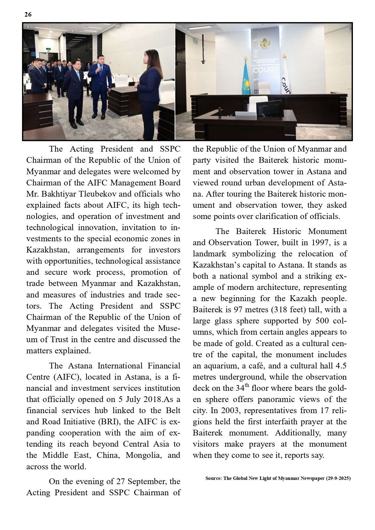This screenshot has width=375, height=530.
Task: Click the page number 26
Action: click(28, 14)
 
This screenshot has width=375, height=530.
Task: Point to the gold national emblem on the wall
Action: click(265, 44)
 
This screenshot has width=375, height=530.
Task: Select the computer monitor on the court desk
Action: click(269, 107)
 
